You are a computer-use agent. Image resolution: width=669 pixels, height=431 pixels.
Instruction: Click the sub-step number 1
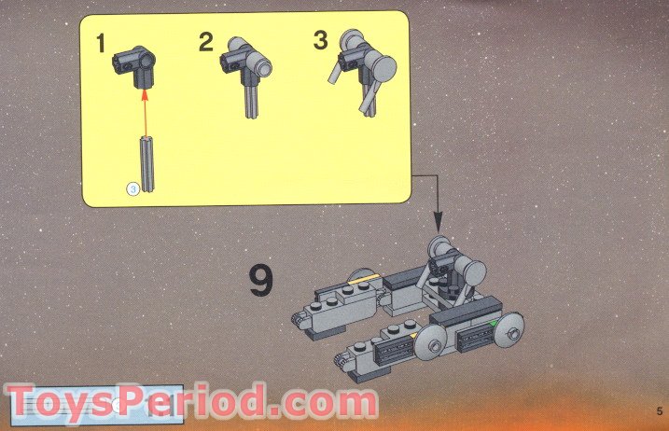[x=101, y=43]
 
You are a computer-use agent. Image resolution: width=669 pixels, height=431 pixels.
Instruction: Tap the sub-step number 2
[x=206, y=42]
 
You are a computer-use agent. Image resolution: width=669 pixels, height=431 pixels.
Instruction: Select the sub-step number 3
[x=320, y=40]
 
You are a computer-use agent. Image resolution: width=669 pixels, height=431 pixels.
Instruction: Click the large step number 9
[x=261, y=280]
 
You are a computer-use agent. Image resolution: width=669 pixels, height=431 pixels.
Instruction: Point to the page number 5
[x=660, y=411]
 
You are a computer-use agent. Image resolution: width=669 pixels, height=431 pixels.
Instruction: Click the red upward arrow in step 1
[x=145, y=113]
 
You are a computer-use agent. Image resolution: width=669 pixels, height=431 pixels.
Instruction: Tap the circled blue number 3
[x=133, y=188]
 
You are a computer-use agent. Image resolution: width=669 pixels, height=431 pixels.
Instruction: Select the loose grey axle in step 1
[x=147, y=163]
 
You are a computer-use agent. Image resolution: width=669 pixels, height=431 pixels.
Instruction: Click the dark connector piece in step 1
[x=134, y=65]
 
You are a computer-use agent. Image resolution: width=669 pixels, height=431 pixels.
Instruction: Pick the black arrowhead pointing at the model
[x=439, y=224]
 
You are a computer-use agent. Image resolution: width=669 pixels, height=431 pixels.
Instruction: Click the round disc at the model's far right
[x=509, y=330]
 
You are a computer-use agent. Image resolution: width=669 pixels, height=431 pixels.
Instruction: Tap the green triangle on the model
[x=493, y=324]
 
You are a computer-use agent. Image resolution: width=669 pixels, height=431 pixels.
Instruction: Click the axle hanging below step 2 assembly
[x=251, y=100]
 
